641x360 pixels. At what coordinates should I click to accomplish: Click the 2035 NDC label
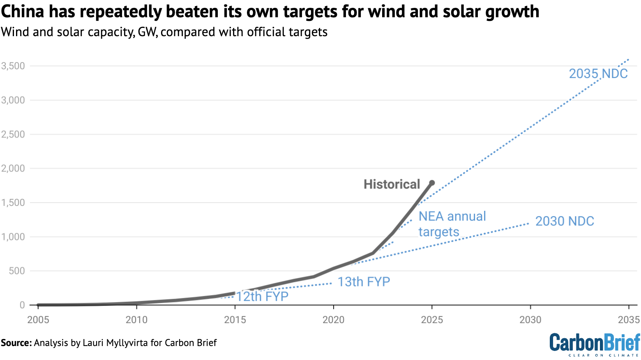(x=598, y=74)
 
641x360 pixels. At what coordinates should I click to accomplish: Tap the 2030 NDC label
(x=565, y=221)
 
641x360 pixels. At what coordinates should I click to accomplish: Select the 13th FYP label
(x=364, y=282)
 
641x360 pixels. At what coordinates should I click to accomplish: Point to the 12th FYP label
(x=262, y=296)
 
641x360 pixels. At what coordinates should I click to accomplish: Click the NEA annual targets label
(x=452, y=224)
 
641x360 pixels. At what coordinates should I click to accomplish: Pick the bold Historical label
(x=392, y=184)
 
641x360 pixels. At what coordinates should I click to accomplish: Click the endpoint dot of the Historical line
(x=432, y=183)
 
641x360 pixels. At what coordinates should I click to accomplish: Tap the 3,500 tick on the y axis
(x=13, y=66)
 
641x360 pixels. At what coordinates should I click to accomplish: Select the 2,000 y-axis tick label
(x=13, y=168)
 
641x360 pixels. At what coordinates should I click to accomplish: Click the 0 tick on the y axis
(x=22, y=305)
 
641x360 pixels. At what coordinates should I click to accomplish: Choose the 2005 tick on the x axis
(x=38, y=320)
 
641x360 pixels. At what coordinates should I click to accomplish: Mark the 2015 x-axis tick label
(x=235, y=320)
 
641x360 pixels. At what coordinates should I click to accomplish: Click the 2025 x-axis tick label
(x=432, y=320)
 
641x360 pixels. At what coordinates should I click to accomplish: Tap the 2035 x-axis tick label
(x=629, y=320)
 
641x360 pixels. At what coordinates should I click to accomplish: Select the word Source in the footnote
(x=15, y=343)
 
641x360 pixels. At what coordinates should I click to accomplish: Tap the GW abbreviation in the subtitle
(x=147, y=32)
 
